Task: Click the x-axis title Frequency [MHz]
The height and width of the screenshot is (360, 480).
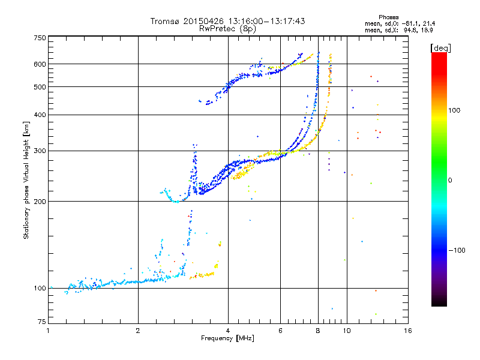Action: [228, 338]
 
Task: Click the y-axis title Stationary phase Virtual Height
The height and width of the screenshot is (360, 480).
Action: [26, 180]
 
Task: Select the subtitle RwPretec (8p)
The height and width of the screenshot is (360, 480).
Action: [228, 28]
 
